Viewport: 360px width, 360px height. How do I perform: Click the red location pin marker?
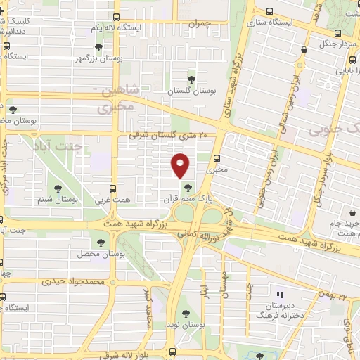tap(181, 165)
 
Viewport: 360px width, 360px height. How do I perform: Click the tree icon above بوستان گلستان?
tap(191, 79)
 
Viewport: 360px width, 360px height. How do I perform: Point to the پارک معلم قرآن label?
tap(188, 199)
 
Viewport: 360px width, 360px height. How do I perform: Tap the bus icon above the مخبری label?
tap(217, 157)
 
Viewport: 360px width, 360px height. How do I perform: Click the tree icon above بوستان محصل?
tap(100, 242)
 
